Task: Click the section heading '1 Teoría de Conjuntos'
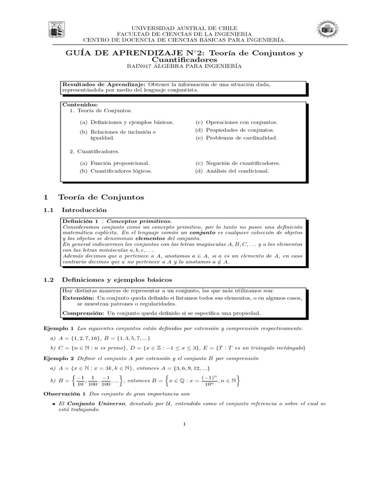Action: (94, 197)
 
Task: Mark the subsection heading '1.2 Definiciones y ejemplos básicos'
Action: (108, 280)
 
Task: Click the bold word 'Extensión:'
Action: (78, 298)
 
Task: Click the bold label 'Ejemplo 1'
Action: (58, 328)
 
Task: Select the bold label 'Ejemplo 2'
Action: (58, 358)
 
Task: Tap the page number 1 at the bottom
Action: (184, 423)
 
